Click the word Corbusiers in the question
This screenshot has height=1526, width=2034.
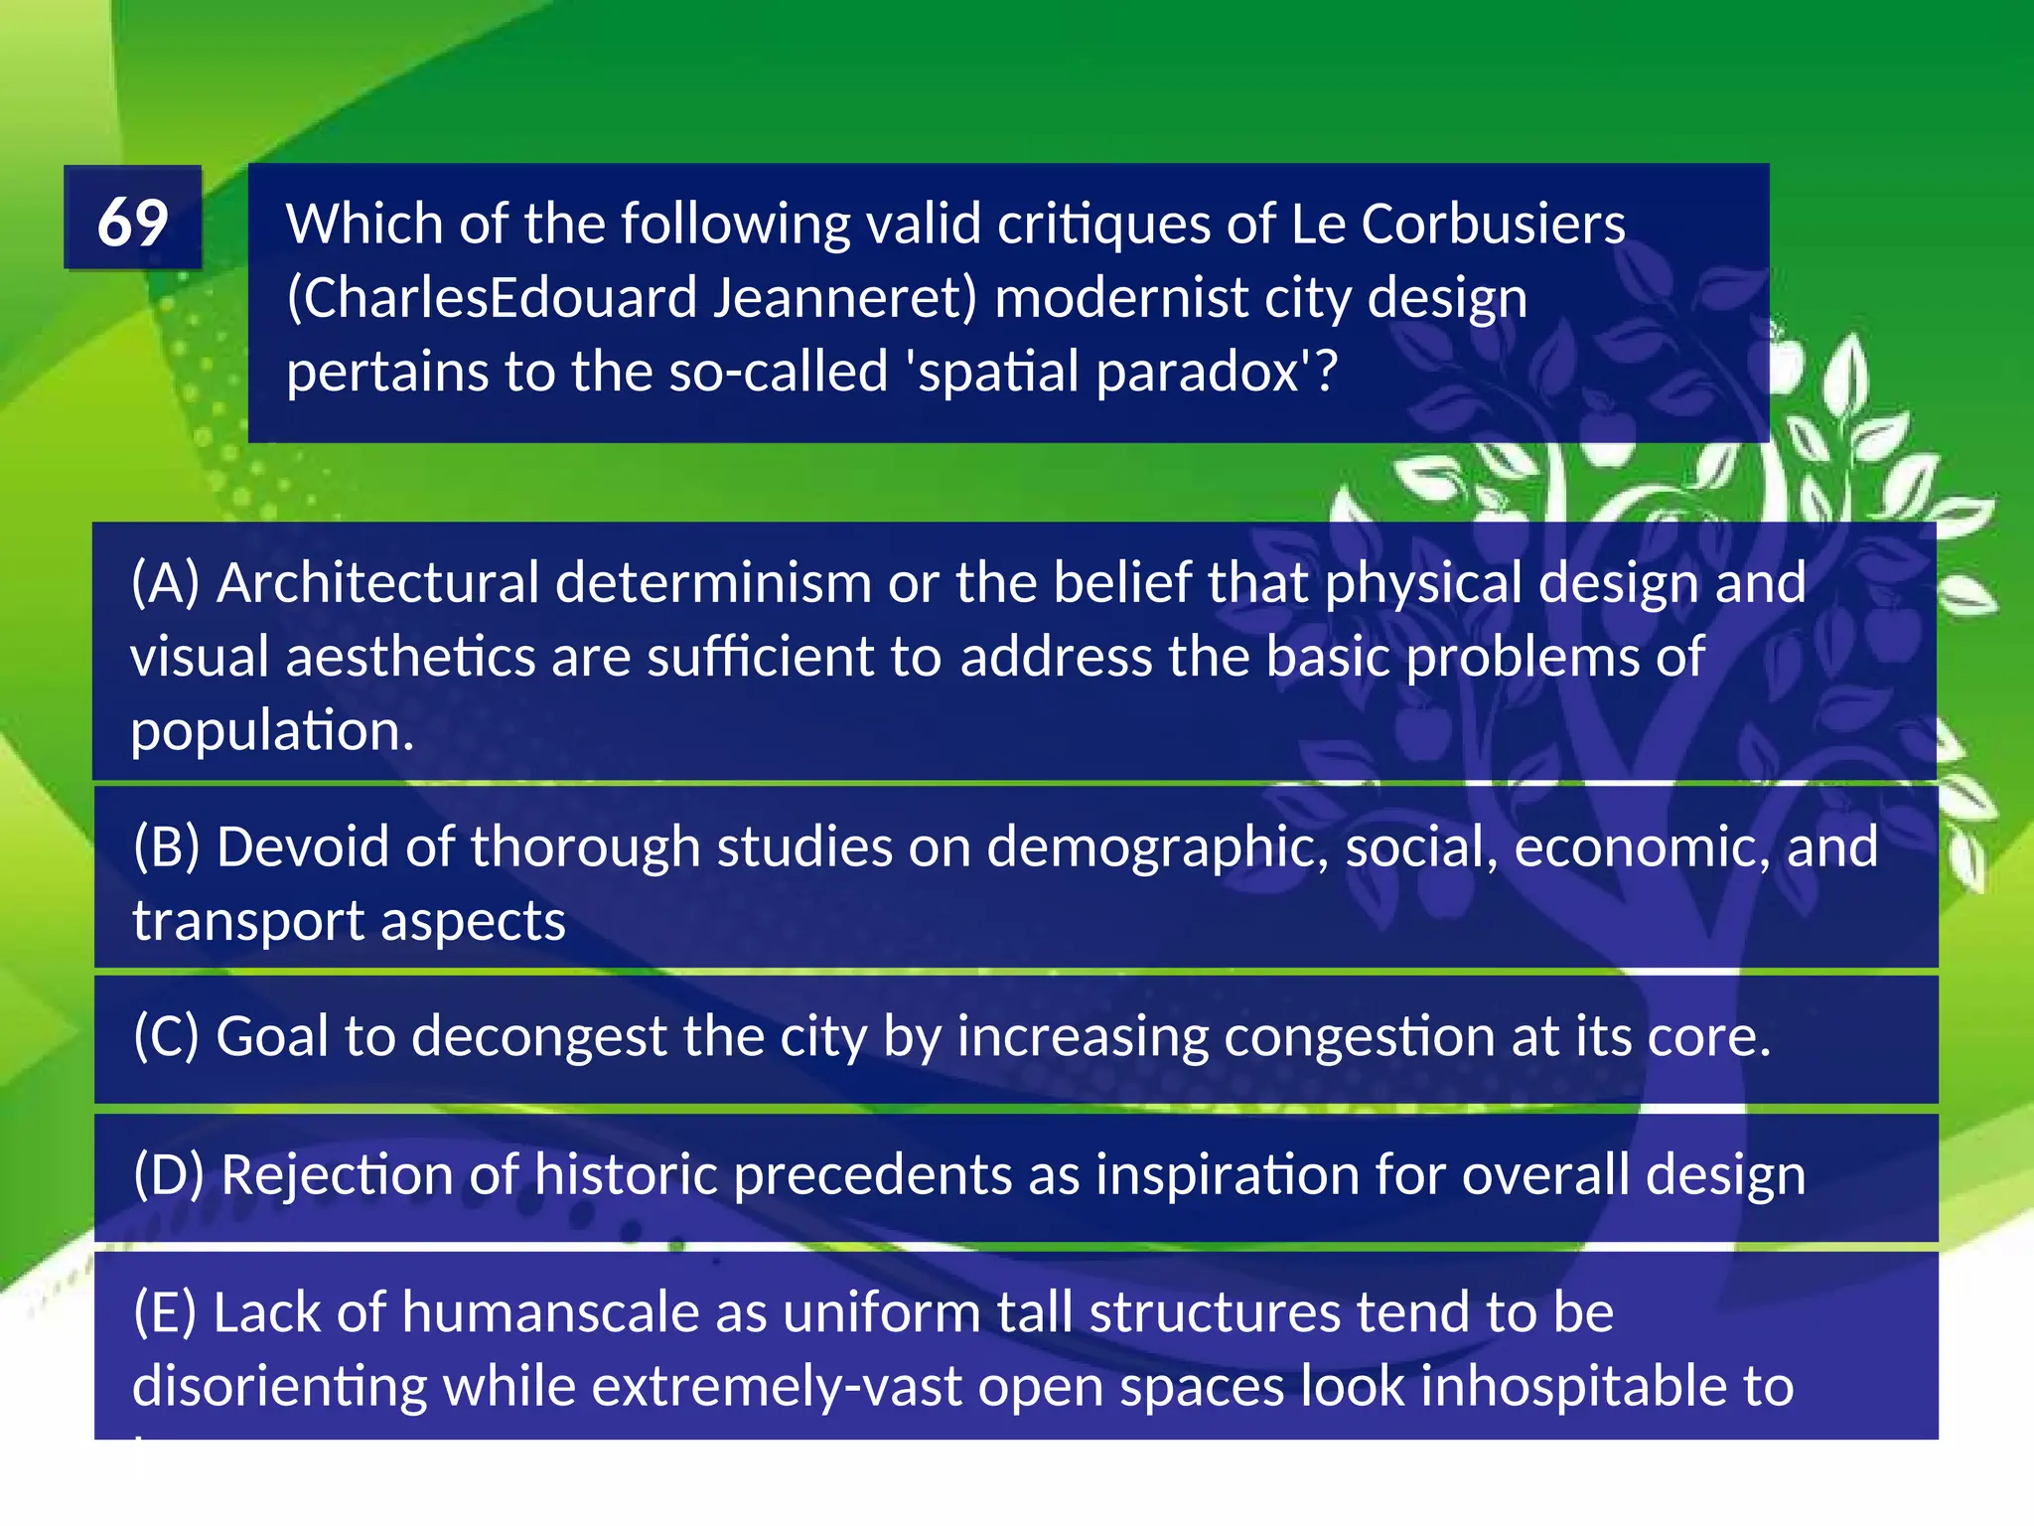pos(1493,224)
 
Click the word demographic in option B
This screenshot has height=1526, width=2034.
pos(1157,847)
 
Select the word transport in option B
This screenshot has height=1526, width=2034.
pos(249,921)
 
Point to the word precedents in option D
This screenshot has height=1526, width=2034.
pos(872,1174)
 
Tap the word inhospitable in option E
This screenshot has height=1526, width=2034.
pos(1544,1386)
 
